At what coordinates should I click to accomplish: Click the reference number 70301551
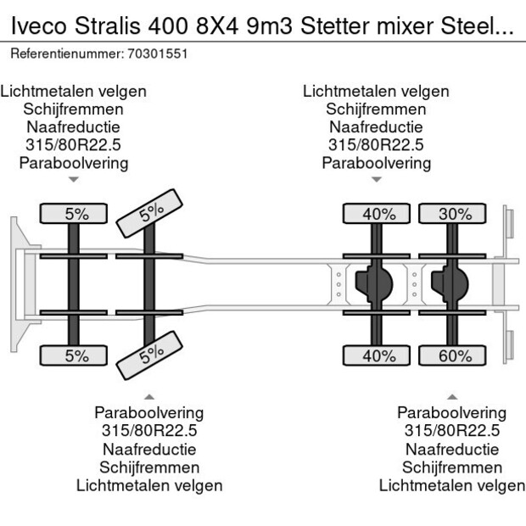click(158, 53)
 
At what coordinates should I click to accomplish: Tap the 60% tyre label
click(456, 356)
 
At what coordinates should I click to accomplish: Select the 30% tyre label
click(456, 214)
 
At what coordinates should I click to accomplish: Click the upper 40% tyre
click(378, 214)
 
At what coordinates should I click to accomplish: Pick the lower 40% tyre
click(378, 356)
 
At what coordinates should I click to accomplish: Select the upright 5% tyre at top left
click(77, 214)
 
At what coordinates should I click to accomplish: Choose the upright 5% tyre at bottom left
click(77, 356)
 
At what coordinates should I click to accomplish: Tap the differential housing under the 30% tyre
click(450, 284)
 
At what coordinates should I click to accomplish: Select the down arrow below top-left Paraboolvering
click(74, 180)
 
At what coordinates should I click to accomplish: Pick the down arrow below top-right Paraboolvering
click(377, 180)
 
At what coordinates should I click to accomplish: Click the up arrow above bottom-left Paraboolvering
click(149, 396)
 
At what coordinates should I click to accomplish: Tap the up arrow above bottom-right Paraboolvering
click(452, 396)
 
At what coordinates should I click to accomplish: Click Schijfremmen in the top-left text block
click(74, 109)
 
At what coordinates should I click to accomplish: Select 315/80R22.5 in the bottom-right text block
click(452, 430)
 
